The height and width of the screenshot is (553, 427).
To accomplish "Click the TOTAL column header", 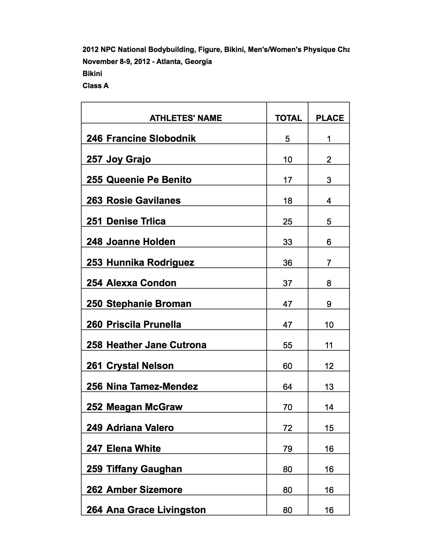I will coord(288,118).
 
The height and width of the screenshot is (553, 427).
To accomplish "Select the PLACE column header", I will coord(330,118).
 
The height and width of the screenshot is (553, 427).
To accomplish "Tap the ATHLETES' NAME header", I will coord(186,118).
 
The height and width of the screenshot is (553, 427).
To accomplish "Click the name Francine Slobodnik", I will coord(151,138).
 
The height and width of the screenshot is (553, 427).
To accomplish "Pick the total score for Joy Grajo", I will coord(287,160).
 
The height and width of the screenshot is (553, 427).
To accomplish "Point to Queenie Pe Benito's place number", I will coord(329,180).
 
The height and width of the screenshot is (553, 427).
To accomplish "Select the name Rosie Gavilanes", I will coord(143,200).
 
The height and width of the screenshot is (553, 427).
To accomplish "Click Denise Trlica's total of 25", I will coord(287,222).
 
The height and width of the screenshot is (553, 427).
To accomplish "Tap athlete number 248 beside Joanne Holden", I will coord(94,242).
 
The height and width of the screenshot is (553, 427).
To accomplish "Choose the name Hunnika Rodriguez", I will coord(150,262).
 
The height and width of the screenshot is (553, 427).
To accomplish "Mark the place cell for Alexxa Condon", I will coord(329,283).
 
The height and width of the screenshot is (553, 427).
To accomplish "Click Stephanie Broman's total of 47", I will coord(287,304).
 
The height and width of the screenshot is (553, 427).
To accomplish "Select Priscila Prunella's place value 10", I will coord(329,325).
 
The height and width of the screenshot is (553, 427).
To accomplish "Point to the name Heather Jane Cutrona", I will coord(156,345).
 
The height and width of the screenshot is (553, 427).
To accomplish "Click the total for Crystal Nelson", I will coord(287,366).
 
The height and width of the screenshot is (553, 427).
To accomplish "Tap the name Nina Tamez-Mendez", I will coord(152,386).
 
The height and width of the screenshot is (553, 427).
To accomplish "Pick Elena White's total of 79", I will coord(287,449).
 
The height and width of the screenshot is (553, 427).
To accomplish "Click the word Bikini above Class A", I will coord(92,73).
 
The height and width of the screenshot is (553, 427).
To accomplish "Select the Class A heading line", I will coord(95,85).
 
